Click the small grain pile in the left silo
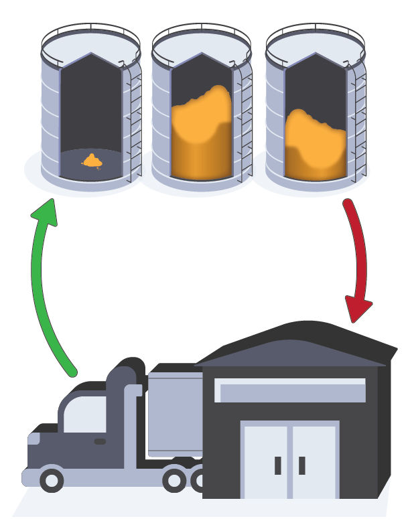coord(92,160)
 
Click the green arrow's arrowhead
coord(45,214)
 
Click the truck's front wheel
coord(52,479)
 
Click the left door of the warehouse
coord(266,461)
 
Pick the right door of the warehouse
coord(314,461)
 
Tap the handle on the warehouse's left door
coord(277,465)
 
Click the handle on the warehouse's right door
coord(302,465)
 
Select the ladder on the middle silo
coord(245,121)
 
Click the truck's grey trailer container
coord(174,412)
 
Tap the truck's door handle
coord(100,442)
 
